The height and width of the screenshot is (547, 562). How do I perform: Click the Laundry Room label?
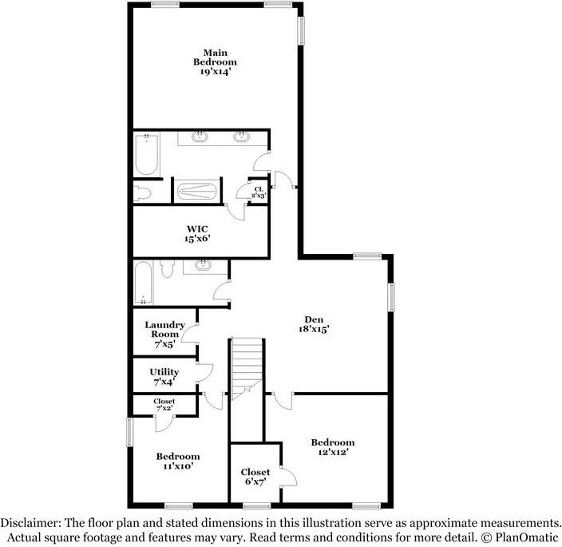tap(164, 330)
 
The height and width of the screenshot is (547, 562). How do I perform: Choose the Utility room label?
tap(164, 372)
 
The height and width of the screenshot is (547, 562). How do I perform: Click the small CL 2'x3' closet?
tap(259, 192)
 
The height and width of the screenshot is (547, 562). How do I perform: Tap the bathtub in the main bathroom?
tap(146, 155)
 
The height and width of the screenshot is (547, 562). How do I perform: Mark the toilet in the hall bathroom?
tap(167, 269)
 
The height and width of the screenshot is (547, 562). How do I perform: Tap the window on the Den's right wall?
tap(391, 297)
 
